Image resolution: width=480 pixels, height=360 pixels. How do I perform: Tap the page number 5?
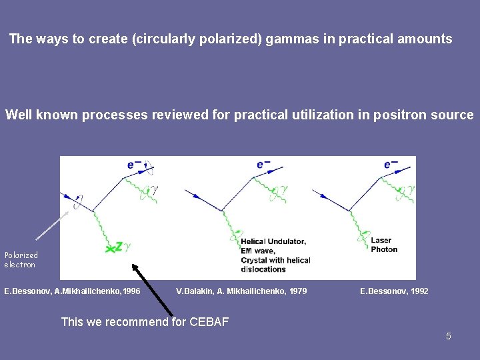(x=449, y=336)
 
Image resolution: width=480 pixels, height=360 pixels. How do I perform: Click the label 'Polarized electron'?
(x=21, y=259)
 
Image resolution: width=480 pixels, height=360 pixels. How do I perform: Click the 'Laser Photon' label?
(x=384, y=245)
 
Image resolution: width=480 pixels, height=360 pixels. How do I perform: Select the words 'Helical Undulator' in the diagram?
(x=273, y=241)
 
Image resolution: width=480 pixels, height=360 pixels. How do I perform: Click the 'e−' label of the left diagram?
(x=134, y=165)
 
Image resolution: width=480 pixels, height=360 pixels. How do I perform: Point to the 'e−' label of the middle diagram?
(x=263, y=165)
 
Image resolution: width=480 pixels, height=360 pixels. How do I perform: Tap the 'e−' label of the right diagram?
(x=391, y=165)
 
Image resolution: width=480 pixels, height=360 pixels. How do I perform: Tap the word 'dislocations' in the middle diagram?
(x=263, y=269)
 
